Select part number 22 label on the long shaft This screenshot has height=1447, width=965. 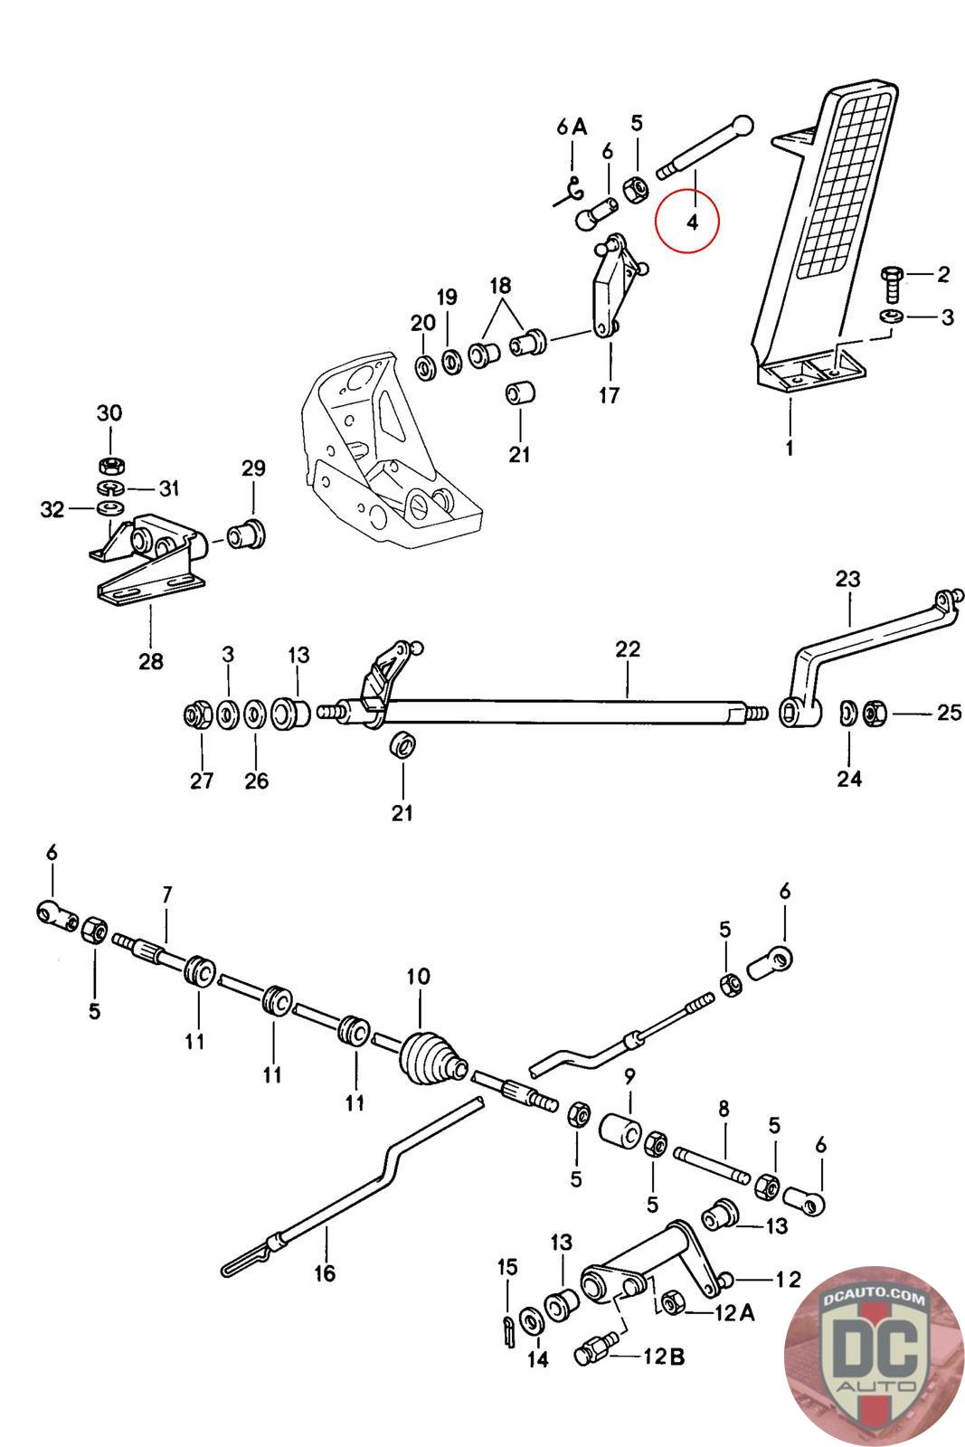pos(628,648)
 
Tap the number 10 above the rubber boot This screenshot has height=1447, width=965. pos(419,977)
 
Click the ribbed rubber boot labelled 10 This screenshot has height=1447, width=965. pos(432,1057)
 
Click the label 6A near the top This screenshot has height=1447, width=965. pos(572,126)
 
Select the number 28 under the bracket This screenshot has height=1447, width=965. pos(151,660)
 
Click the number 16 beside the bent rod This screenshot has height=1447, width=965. pos(324,1273)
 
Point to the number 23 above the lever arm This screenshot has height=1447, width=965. pos(847,579)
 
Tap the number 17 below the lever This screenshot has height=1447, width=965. pos(609,395)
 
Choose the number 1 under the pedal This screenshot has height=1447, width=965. pos(790,447)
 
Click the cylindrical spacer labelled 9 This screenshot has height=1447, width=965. pos(622,1130)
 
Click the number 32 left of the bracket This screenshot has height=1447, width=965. pos(52,510)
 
